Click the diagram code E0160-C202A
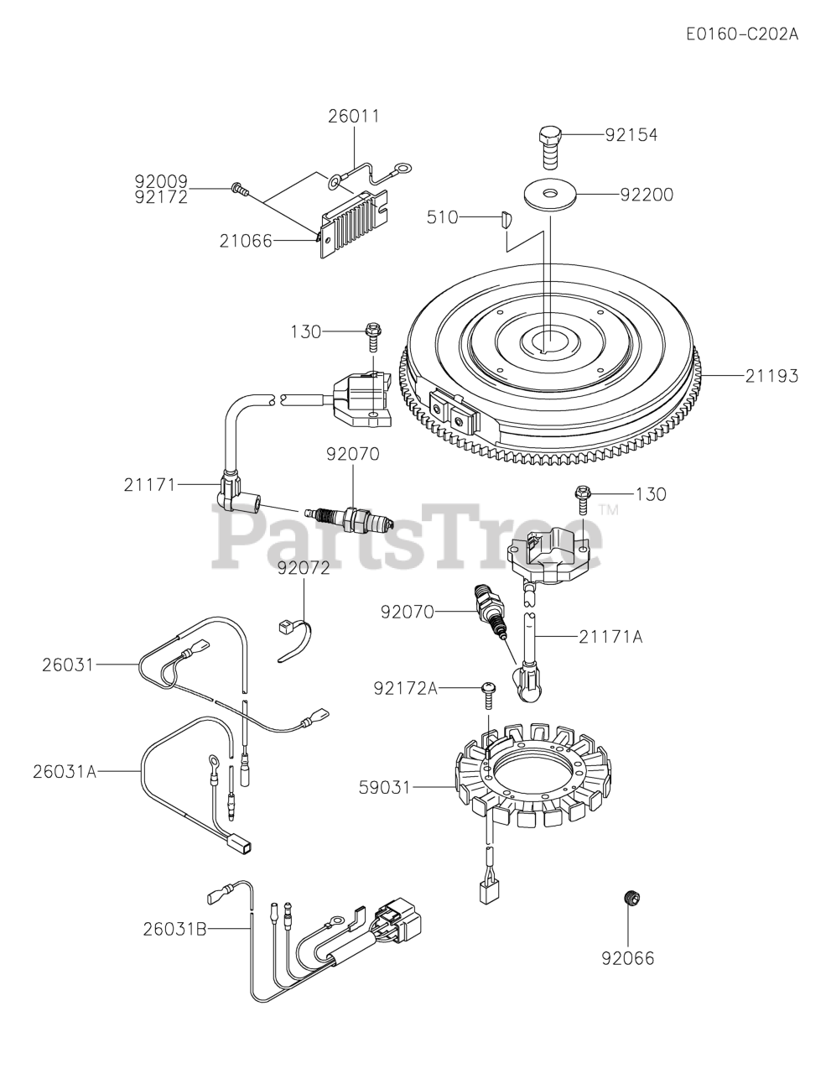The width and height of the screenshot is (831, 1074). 742,34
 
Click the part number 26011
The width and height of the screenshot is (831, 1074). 354,116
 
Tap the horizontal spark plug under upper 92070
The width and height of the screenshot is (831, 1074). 349,517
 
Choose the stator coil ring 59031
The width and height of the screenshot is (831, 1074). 532,776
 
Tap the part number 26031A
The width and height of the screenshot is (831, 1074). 65,772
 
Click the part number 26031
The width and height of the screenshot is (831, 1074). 68,665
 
